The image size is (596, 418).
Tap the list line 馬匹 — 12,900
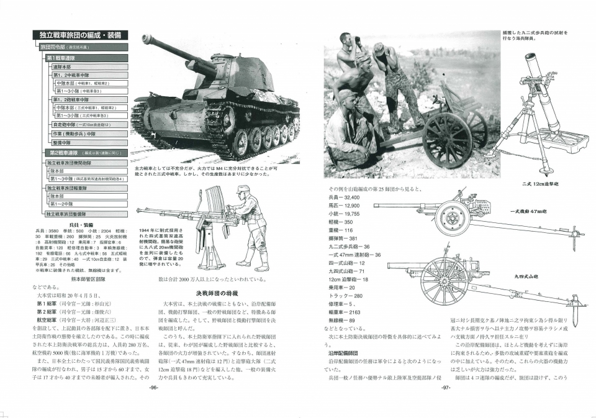[344, 205]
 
